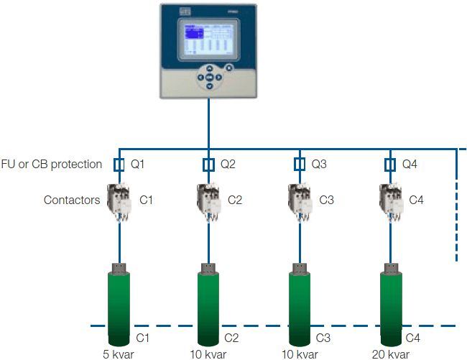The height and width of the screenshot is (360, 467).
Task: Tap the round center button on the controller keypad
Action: click(x=209, y=77)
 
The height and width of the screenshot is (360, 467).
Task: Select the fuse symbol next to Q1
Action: click(x=119, y=165)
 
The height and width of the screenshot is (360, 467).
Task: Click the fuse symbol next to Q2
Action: click(x=209, y=165)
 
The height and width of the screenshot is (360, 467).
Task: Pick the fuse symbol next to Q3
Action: click(x=300, y=165)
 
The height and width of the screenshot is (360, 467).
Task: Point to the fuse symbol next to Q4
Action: click(x=390, y=165)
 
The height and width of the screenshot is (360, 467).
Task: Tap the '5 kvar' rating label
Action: click(x=119, y=354)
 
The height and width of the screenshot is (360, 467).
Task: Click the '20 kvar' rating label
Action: click(x=390, y=354)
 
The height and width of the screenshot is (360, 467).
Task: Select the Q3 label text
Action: click(x=319, y=165)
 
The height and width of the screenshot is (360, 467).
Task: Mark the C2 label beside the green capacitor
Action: click(x=231, y=337)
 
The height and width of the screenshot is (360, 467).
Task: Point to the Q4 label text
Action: click(x=410, y=165)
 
